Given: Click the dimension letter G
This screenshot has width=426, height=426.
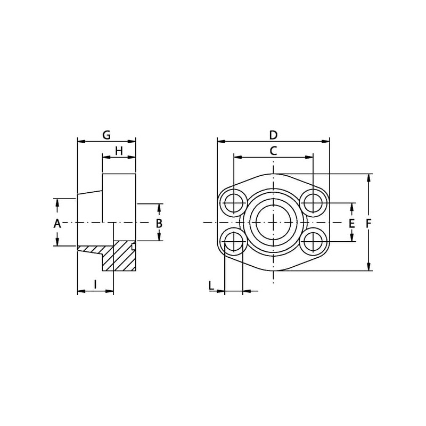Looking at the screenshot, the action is pyautogui.click(x=106, y=135).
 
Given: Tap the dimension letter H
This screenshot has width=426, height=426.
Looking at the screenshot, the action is pyautogui.click(x=119, y=151).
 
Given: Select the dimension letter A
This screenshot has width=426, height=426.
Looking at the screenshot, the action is pyautogui.click(x=57, y=224).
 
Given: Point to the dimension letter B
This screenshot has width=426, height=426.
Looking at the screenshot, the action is pyautogui.click(x=159, y=223).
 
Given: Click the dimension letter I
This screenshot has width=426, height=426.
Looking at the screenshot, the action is pyautogui.click(x=95, y=284).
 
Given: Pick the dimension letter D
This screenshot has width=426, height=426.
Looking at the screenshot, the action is pyautogui.click(x=273, y=135).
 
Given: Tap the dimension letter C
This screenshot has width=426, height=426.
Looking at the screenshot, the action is pyautogui.click(x=273, y=151).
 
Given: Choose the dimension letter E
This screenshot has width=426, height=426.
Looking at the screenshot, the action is pyautogui.click(x=351, y=223).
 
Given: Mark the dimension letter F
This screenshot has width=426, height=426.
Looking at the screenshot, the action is pyautogui.click(x=368, y=223).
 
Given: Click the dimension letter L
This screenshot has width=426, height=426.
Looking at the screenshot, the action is pyautogui.click(x=211, y=285).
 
